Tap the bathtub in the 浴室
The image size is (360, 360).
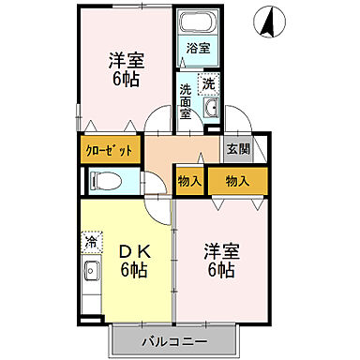pos(197,25)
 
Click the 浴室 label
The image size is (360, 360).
pos(197,48)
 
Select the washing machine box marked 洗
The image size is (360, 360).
pos(208,82)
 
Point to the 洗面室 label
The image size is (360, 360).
pos(186,101)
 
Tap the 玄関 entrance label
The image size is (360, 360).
pos(235,148)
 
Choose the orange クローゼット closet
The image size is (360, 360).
pos(111,150)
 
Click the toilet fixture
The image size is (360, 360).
pos(107,182)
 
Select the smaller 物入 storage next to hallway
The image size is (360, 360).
pos(189,179)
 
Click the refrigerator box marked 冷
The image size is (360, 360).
pos(92,243)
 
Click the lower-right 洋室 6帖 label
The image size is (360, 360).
pos(222,260)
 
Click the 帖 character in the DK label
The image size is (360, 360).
pos(140,271)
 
